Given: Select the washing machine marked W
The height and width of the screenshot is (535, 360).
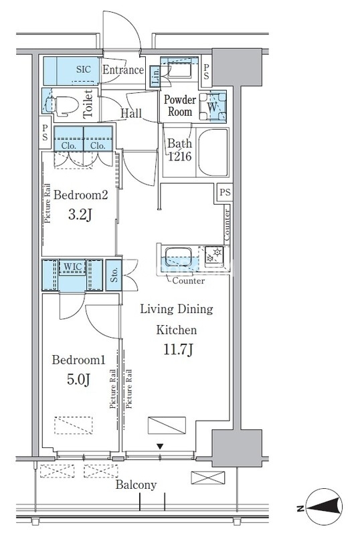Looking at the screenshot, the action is [x=212, y=106].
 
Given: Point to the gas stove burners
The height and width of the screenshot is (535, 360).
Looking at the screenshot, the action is [x=214, y=256].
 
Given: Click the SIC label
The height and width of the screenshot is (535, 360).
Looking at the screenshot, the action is [x=84, y=70].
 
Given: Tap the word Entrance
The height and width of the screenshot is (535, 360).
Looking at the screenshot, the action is [x=123, y=70].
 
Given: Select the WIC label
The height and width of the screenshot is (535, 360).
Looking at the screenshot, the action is [x=72, y=266].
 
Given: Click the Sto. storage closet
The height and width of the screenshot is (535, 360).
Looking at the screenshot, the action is [x=114, y=275].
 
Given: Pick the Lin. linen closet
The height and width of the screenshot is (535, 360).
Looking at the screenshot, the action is [x=155, y=76].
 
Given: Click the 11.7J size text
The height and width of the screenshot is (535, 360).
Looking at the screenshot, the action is [x=178, y=350].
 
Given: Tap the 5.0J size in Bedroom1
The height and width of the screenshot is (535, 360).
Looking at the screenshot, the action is [x=78, y=379].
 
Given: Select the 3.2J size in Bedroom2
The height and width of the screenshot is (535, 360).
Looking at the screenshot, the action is [x=80, y=215].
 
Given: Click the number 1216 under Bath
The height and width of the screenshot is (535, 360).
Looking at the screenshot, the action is [x=179, y=156].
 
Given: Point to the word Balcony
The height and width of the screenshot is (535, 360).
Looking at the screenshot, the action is [x=136, y=485].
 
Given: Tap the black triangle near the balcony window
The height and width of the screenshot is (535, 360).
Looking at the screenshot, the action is [x=160, y=446].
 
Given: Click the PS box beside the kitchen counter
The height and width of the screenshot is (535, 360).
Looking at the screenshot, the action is [x=225, y=192].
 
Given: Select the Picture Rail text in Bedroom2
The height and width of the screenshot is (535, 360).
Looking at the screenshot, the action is [x=48, y=203].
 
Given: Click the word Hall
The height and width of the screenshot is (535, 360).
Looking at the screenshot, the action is [x=131, y=113].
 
